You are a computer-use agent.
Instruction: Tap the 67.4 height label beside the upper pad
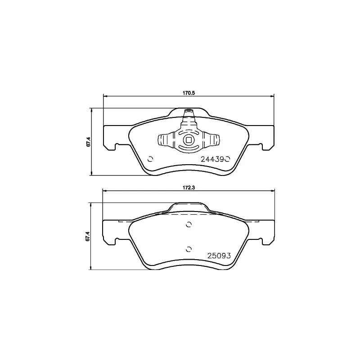click(x=89, y=141)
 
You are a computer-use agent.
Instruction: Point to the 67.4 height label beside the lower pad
click(x=89, y=236)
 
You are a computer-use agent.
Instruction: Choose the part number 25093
click(x=219, y=256)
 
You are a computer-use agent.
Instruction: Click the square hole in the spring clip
click(x=188, y=139)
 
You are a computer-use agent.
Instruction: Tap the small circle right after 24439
click(x=228, y=158)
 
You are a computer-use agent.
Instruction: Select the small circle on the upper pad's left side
click(x=150, y=158)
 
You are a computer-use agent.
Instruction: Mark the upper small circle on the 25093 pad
click(x=189, y=225)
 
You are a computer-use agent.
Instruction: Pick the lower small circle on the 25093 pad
click(x=189, y=248)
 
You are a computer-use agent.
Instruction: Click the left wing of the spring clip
click(x=163, y=140)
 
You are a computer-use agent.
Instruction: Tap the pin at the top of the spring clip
click(x=189, y=111)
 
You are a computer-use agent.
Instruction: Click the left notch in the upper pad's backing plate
click(x=117, y=146)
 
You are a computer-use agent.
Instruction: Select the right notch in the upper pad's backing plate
click(x=261, y=146)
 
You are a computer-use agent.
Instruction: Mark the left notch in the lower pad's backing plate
click(x=117, y=242)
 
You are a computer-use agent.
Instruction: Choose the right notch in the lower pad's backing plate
click(x=261, y=242)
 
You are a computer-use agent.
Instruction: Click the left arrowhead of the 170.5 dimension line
click(x=105, y=95)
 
